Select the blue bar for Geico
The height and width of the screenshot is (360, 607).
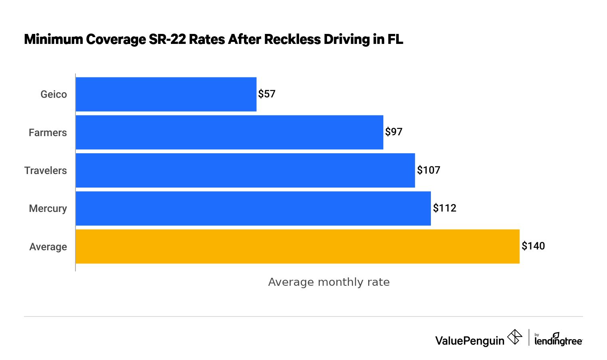166,94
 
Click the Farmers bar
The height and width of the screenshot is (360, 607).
229,132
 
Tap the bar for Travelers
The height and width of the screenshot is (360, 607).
245,170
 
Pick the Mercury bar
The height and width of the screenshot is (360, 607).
253,208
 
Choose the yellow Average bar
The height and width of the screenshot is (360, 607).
298,246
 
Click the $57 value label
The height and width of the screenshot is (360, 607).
267,94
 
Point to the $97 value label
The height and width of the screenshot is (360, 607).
394,132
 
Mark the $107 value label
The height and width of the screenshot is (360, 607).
428,170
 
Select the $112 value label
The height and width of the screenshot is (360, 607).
444,208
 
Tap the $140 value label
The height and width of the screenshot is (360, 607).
533,246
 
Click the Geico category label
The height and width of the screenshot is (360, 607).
54,94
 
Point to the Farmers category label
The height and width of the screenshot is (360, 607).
48,133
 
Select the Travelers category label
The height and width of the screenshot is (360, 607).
46,170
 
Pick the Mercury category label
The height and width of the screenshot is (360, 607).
48,208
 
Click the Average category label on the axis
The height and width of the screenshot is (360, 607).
48,247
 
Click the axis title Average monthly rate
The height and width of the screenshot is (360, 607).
329,282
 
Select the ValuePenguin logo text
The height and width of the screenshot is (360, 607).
470,340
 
